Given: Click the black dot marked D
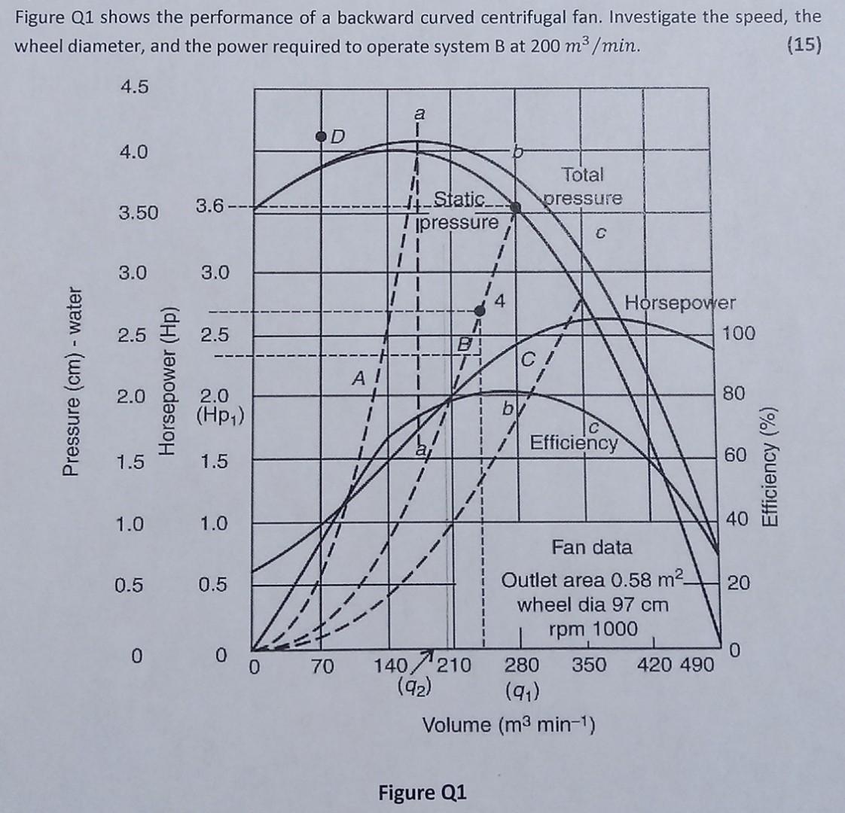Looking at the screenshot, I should click(x=322, y=136).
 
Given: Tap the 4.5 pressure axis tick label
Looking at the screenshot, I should click(x=135, y=87).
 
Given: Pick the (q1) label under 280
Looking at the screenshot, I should click(x=521, y=687).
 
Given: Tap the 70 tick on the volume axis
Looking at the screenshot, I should click(x=323, y=665).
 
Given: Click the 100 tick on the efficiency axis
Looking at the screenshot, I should click(x=738, y=333).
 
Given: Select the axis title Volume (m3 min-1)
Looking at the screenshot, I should click(x=510, y=725).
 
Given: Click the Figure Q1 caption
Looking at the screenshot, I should click(x=422, y=793).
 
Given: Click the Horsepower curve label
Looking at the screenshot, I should click(x=680, y=303).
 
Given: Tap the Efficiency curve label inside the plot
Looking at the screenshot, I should click(x=574, y=442).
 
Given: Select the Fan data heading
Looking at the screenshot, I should click(x=592, y=547).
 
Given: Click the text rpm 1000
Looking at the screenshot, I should click(x=593, y=629).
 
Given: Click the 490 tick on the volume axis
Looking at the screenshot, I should click(x=697, y=665).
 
